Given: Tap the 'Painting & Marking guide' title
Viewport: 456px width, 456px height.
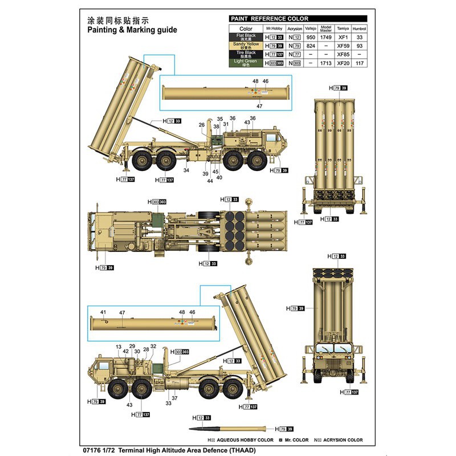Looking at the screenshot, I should (132, 30).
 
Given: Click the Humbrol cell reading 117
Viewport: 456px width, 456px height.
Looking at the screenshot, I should (359, 63).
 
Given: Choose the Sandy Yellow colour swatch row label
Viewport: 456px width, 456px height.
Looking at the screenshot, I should (246, 46).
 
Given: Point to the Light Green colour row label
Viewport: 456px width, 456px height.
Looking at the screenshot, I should (246, 63).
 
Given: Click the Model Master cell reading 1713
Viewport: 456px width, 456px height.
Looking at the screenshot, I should (326, 63).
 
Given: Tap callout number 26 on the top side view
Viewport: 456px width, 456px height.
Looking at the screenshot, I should (202, 125).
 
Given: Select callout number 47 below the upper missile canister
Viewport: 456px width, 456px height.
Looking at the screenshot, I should (259, 106).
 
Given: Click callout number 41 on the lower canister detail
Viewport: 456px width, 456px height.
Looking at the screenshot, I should (103, 312).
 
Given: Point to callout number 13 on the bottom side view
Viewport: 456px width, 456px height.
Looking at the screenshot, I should (119, 347).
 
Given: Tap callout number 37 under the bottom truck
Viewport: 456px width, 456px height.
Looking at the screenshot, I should (174, 398).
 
